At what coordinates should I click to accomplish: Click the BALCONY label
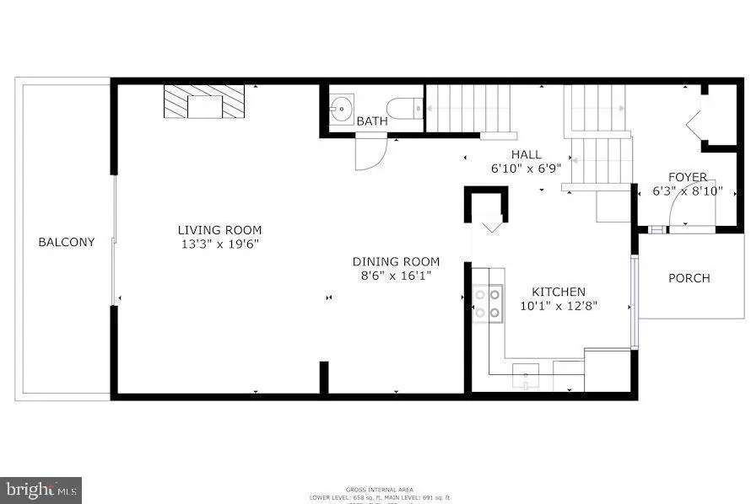click(67, 242)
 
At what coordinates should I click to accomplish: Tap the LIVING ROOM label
click(219, 230)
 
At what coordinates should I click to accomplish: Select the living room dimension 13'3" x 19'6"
click(219, 244)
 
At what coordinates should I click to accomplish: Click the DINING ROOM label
click(396, 262)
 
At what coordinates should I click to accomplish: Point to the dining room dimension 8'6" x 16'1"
click(396, 276)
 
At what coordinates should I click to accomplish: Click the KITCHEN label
click(559, 292)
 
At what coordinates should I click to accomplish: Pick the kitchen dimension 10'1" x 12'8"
click(559, 306)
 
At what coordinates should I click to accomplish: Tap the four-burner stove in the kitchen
click(488, 303)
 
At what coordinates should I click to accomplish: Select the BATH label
click(372, 121)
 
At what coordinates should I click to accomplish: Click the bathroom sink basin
click(342, 108)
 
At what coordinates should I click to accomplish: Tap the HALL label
click(526, 154)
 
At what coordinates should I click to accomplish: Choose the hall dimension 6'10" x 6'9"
click(526, 168)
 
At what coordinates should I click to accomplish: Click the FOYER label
click(688, 177)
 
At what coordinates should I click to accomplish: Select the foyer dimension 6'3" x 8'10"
click(688, 190)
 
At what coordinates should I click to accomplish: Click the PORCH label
click(689, 278)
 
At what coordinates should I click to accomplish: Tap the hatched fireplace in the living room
click(203, 102)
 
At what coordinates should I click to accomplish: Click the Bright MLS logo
click(41, 489)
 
